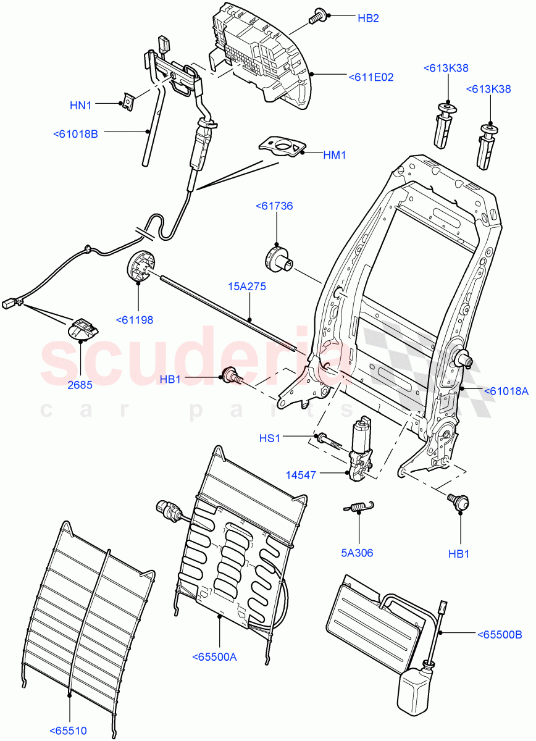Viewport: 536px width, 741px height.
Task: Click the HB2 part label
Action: pyautogui.click(x=368, y=18)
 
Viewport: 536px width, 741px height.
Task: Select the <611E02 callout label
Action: pyautogui.click(x=371, y=77)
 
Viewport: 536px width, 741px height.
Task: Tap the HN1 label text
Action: pyautogui.click(x=80, y=106)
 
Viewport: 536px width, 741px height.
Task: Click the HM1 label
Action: pyautogui.click(x=334, y=155)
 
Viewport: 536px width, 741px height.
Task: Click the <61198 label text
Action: pyautogui.click(x=134, y=320)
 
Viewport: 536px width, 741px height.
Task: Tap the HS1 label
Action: pyautogui.click(x=269, y=438)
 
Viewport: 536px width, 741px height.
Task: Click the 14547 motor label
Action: pyautogui.click(x=301, y=475)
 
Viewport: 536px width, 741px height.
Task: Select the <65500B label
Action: pyautogui.click(x=500, y=634)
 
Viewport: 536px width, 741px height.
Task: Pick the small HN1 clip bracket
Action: pyautogui.click(x=128, y=101)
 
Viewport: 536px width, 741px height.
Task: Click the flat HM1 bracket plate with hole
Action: pyautogui.click(x=282, y=148)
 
